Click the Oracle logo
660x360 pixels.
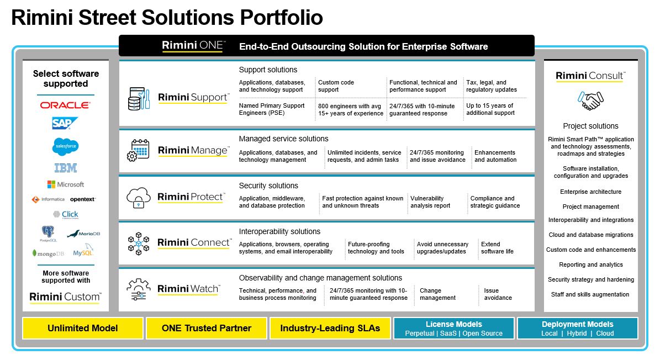[65, 105]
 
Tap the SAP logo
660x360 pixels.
[65, 123]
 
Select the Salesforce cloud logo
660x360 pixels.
[65, 146]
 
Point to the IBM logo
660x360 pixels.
[65, 168]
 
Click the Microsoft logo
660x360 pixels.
[65, 184]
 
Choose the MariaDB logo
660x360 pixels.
[83, 234]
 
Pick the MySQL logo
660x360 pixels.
[83, 252]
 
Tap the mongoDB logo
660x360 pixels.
[48, 253]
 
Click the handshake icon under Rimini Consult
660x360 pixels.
[590, 101]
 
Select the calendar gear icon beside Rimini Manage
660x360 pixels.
[138, 150]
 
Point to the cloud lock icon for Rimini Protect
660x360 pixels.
[138, 197]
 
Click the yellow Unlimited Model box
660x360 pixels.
[83, 328]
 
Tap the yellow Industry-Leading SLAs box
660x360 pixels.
[330, 328]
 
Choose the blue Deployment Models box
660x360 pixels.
[577, 328]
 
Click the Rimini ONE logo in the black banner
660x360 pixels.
[193, 46]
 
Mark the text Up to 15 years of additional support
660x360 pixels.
[490, 109]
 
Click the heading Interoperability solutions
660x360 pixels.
[279, 231]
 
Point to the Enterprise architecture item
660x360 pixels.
[590, 192]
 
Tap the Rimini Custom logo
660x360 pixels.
[65, 297]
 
